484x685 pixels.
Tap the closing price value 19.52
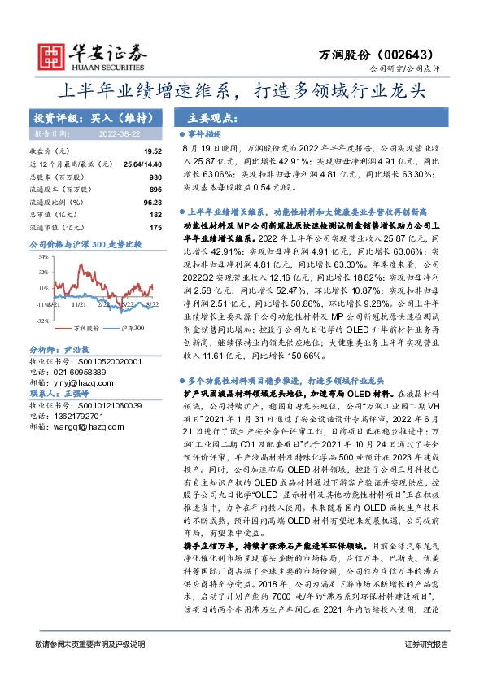tap(153, 152)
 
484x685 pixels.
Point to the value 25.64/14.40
tap(142, 164)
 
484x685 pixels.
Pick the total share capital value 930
tap(155, 177)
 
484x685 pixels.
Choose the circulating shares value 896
tap(155, 189)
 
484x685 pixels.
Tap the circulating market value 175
tap(156, 227)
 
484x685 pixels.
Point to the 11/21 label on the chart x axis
tap(80, 303)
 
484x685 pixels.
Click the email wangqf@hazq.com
tap(88, 425)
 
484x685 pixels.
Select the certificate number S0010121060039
tap(95, 404)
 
